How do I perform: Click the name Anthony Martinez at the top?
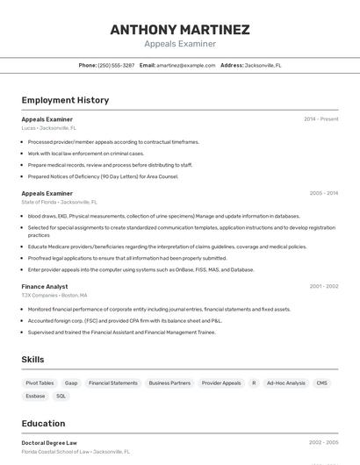point(180,29)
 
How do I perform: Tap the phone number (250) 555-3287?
point(116,65)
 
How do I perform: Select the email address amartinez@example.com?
point(186,65)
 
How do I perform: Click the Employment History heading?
point(65,100)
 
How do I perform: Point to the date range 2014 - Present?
point(320,118)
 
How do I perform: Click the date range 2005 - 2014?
point(323,193)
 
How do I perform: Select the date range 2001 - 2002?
point(323,286)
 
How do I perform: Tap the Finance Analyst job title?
point(44,286)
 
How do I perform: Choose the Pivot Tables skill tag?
point(40,383)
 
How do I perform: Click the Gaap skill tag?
point(71,383)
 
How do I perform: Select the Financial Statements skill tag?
point(113,383)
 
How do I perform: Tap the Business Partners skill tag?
point(169,383)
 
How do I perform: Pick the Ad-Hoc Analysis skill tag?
point(285,383)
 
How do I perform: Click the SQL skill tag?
point(61,396)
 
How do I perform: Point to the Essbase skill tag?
point(35,396)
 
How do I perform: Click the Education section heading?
point(43,423)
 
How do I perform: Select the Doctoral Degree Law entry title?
point(49,443)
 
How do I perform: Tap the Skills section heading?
point(32,359)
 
